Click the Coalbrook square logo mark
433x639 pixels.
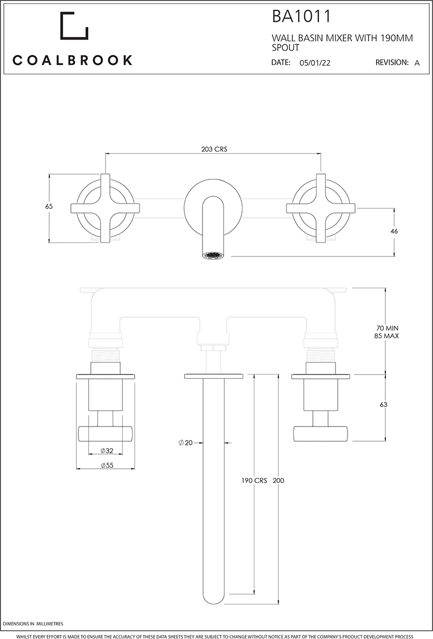(x=74, y=25)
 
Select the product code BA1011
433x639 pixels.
(x=301, y=17)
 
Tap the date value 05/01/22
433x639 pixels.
(x=314, y=63)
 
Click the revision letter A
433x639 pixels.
(x=417, y=63)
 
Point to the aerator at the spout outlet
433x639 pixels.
(x=212, y=254)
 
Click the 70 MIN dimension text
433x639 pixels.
(x=388, y=328)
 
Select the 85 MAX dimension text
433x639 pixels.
(x=388, y=336)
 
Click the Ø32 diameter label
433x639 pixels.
(x=107, y=451)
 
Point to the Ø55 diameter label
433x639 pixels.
(x=107, y=465)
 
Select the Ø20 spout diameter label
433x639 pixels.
(x=186, y=443)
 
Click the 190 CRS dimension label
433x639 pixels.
(x=254, y=481)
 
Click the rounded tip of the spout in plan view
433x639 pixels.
(x=213, y=599)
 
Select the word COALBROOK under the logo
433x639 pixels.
(x=73, y=60)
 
